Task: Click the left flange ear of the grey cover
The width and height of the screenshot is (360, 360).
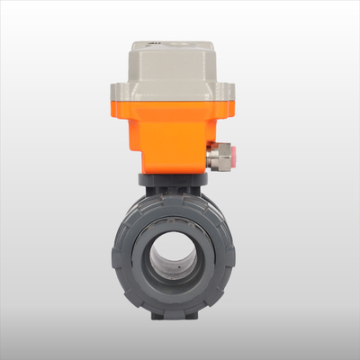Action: (x=120, y=90)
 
